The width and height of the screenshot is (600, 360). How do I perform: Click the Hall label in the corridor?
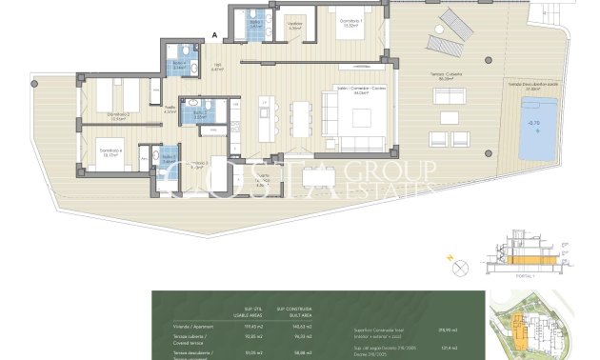pos(217,67)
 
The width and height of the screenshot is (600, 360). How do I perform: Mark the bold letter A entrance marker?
pos(216,35)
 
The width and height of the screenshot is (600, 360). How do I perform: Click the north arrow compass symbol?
pos(488,240)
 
